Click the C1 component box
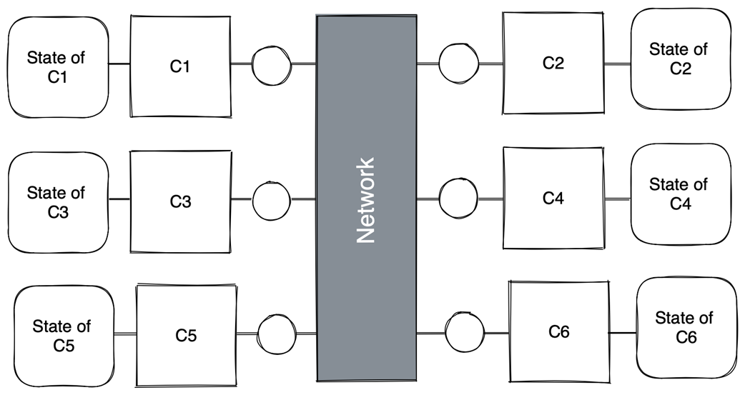(x=180, y=66)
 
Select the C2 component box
(x=553, y=63)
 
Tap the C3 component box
(x=180, y=201)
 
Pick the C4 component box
(x=553, y=198)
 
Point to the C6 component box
(x=558, y=331)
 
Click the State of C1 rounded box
(x=57, y=66)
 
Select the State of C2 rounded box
(x=680, y=59)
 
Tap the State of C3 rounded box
(x=57, y=202)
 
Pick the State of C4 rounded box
(x=680, y=194)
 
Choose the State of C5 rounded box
(x=63, y=336)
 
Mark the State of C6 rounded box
(x=686, y=327)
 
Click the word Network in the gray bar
(x=366, y=200)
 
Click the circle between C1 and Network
(x=272, y=65)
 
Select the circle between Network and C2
(x=458, y=64)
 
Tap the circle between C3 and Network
(x=272, y=201)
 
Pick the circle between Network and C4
(x=458, y=198)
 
